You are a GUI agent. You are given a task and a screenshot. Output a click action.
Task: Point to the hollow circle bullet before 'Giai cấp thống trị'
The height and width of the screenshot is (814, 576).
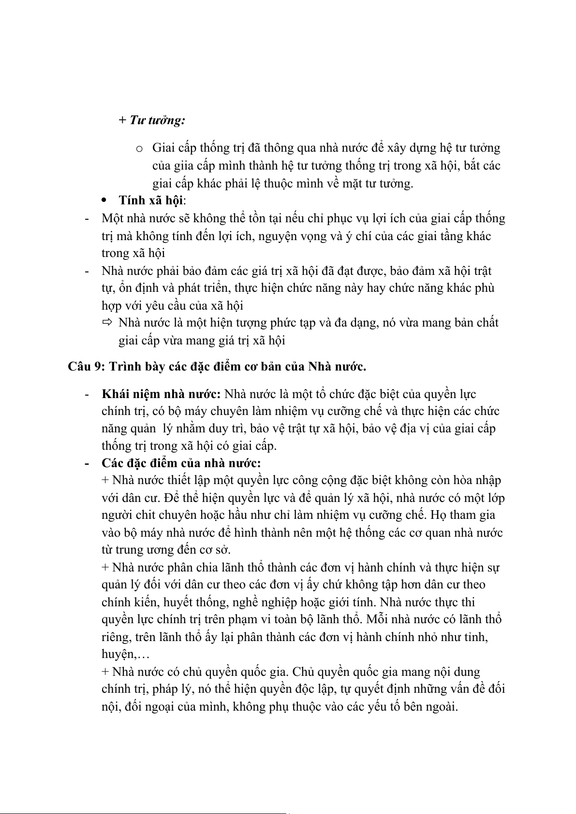coord(139,149)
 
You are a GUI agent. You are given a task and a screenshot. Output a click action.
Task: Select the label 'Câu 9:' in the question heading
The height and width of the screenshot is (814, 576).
coord(87,366)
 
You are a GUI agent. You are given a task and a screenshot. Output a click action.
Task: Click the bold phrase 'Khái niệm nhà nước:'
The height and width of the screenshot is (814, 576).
coord(162,394)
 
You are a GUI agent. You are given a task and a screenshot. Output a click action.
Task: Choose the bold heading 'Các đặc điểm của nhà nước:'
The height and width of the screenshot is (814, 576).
coord(181,463)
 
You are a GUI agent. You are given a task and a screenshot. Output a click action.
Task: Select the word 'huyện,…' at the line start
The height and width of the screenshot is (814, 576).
coord(125,655)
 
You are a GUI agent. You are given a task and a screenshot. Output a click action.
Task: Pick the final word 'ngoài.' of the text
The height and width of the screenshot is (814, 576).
coord(441,706)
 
